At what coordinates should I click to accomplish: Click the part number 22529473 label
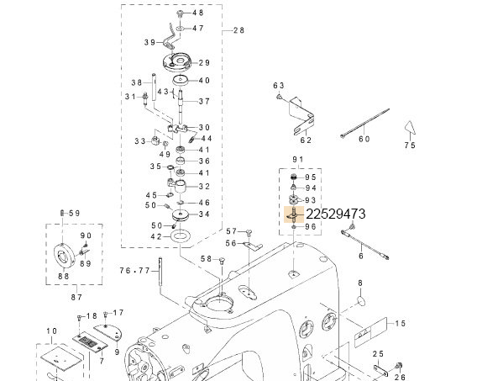(x=335, y=214)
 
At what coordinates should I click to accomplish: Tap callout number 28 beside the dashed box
(x=238, y=29)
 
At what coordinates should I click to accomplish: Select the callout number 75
(x=410, y=146)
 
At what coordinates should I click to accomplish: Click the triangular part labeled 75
(x=408, y=128)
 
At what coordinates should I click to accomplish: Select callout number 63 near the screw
(x=280, y=86)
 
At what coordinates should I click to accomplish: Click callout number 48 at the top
(x=198, y=13)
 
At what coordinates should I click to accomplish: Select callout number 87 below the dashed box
(x=76, y=297)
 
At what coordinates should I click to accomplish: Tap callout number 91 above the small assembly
(x=296, y=160)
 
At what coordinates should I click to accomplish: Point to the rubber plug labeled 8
(x=360, y=300)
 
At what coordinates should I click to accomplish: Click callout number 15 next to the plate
(x=401, y=324)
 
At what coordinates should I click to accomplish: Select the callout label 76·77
(x=134, y=270)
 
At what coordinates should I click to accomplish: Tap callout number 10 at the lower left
(x=51, y=331)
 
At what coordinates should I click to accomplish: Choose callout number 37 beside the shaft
(x=203, y=102)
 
